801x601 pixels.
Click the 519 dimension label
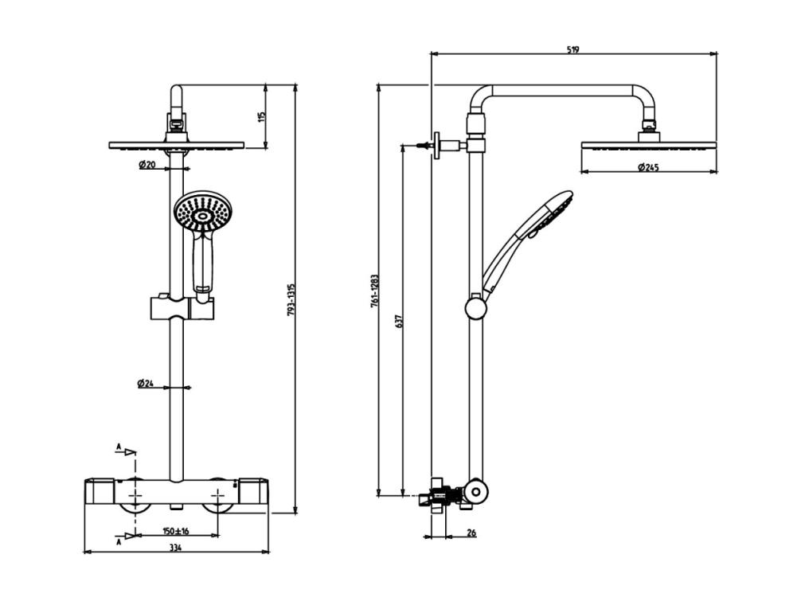pyautogui.click(x=573, y=49)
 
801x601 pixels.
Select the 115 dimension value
pyautogui.click(x=262, y=116)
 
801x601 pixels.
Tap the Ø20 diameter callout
pyautogui.click(x=147, y=165)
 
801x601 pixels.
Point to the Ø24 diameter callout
pyautogui.click(x=146, y=383)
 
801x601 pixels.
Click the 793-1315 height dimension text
pyautogui.click(x=291, y=300)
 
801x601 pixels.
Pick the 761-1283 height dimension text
pyautogui.click(x=374, y=291)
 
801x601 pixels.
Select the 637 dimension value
pyautogui.click(x=400, y=320)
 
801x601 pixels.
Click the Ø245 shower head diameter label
pyautogui.click(x=649, y=167)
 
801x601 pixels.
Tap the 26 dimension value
pyautogui.click(x=471, y=533)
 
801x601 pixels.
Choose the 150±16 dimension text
pyautogui.click(x=176, y=531)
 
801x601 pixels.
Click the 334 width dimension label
pyautogui.click(x=175, y=548)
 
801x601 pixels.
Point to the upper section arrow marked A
pyautogui.click(x=127, y=451)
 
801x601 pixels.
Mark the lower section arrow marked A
pyautogui.click(x=127, y=537)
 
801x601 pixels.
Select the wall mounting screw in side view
pyautogui.click(x=424, y=146)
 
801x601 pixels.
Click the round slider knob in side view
pyautogui.click(x=476, y=308)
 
